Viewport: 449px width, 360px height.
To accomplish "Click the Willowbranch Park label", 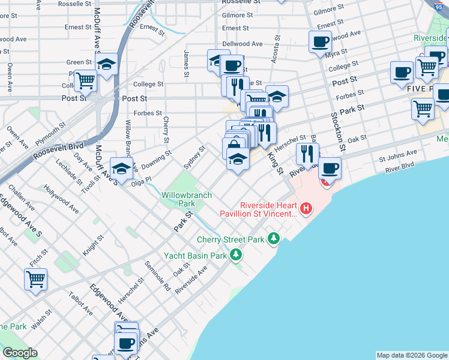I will tap(179, 199).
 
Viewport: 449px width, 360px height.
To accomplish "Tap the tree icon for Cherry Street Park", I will tap(274, 239).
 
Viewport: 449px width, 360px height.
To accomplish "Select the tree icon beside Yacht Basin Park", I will tap(236, 256).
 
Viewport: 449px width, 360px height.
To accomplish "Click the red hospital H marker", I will tap(306, 209).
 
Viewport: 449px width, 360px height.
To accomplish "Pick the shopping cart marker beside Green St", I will tap(86, 80).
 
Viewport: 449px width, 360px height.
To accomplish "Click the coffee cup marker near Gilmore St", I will tap(320, 42).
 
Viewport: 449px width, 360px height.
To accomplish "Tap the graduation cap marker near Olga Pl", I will tap(121, 168).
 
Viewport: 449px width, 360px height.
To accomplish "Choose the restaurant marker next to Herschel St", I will tap(307, 154).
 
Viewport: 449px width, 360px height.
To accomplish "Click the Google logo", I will tap(20, 353).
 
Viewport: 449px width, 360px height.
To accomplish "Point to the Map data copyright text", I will tap(412, 355).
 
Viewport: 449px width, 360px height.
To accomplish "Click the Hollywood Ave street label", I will tap(61, 199).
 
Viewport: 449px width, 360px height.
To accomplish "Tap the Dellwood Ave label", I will tap(243, 44).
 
